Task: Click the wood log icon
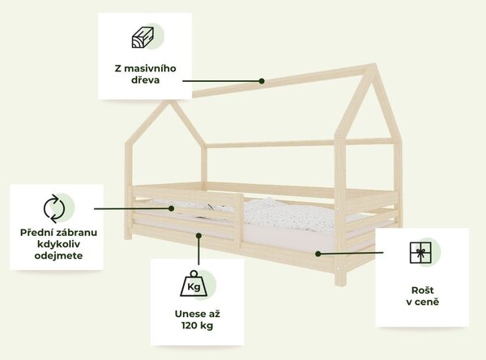(x=143, y=37)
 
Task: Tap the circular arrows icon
(x=54, y=208)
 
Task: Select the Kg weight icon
(x=194, y=284)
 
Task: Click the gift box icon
(x=420, y=253)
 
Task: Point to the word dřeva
(x=145, y=79)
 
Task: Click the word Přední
(x=34, y=233)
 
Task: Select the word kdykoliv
(x=58, y=244)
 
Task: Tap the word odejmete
(x=58, y=255)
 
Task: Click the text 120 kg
(x=197, y=326)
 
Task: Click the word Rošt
(x=423, y=290)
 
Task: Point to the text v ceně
(x=423, y=302)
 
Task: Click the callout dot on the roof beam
(x=262, y=81)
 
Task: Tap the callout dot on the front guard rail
(x=171, y=208)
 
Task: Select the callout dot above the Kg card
(x=198, y=236)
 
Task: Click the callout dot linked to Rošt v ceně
(x=318, y=254)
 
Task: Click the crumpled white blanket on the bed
(x=288, y=214)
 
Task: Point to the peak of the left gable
(x=169, y=101)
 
